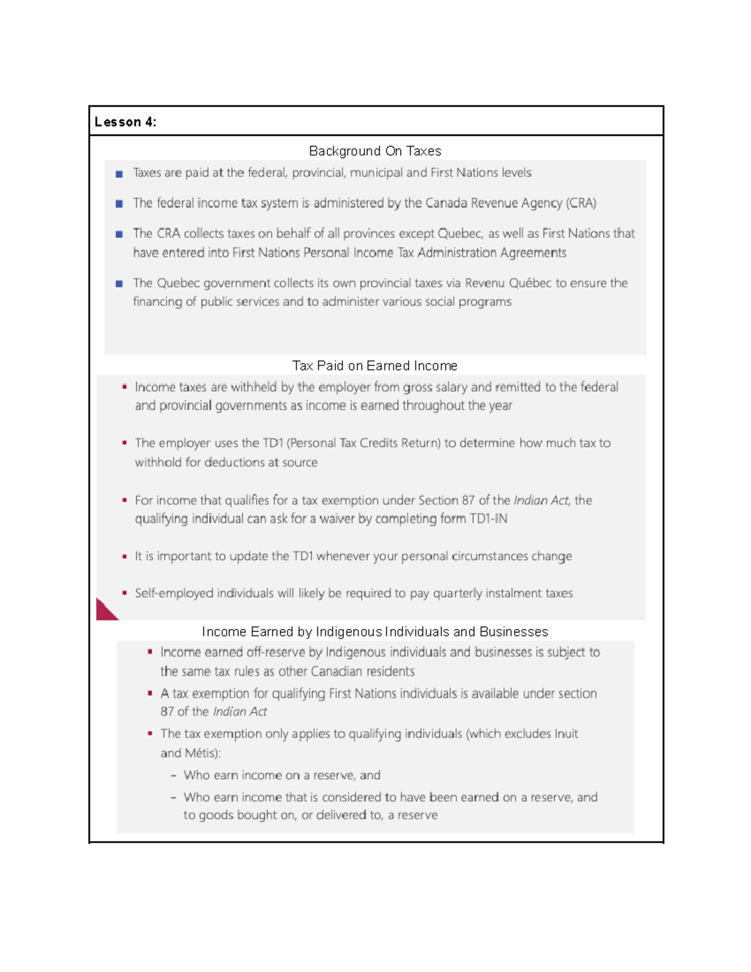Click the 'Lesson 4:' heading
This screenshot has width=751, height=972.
(x=125, y=122)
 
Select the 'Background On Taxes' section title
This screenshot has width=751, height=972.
(x=375, y=151)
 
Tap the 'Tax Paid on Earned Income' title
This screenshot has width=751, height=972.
(x=375, y=366)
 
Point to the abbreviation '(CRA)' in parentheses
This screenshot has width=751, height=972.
(x=581, y=203)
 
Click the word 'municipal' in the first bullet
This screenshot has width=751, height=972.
(x=375, y=173)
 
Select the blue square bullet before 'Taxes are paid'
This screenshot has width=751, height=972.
(x=119, y=174)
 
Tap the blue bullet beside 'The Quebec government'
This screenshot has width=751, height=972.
(x=119, y=284)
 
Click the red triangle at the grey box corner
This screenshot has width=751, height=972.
(x=105, y=611)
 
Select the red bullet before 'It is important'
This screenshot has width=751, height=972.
(x=125, y=556)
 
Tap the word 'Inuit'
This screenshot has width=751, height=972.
(x=566, y=734)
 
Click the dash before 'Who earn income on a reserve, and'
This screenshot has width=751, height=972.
(x=173, y=776)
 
